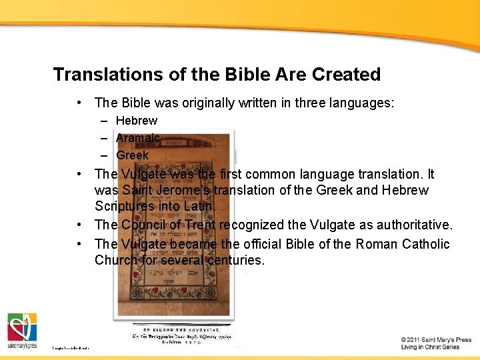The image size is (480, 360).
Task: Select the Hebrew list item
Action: pyautogui.click(x=137, y=121)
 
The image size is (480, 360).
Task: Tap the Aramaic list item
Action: pyautogui.click(x=137, y=138)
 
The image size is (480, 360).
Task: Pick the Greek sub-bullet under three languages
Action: pyautogui.click(x=133, y=155)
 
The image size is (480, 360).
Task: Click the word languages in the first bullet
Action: pyautogui.click(x=364, y=103)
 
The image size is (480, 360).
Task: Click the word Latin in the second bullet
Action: pyautogui.click(x=200, y=207)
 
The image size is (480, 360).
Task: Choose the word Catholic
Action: pyautogui.click(x=426, y=244)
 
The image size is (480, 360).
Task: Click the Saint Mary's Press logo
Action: pyautogui.click(x=22, y=329)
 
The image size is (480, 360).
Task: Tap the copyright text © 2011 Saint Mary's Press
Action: pyautogui.click(x=436, y=340)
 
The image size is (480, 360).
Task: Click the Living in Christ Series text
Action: pyautogui.click(x=430, y=347)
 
